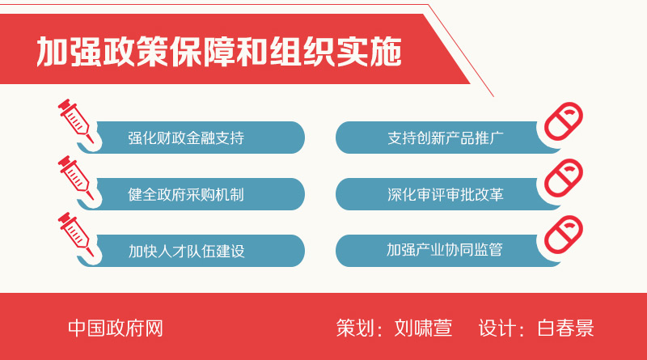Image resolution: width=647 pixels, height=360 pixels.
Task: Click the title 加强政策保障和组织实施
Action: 219,51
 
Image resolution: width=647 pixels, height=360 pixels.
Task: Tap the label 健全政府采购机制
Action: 186,194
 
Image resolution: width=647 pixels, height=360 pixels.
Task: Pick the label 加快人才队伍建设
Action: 187,251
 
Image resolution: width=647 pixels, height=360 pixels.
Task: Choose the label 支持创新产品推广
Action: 446,138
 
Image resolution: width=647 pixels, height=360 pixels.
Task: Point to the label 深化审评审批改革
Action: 446,194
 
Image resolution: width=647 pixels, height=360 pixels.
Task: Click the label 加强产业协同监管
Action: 445,250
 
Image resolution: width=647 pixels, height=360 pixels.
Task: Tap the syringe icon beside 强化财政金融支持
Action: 76,121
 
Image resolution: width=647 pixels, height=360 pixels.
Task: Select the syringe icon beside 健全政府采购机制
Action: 76,178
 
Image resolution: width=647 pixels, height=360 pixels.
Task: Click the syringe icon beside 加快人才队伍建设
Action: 76,235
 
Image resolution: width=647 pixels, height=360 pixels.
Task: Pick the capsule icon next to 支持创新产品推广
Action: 564,121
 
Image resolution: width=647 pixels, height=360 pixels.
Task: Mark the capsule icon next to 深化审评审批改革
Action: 564,178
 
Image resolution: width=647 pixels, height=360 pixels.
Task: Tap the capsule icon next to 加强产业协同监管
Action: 564,235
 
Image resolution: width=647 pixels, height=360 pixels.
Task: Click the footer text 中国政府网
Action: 116,328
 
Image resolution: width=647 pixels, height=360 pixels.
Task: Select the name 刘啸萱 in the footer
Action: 423,328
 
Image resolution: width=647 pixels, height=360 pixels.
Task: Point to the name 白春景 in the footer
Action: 565,328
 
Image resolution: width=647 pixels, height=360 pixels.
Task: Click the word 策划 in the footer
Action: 355,328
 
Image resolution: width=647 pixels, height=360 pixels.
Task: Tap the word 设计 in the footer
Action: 497,328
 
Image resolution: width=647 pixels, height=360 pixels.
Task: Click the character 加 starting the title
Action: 52,52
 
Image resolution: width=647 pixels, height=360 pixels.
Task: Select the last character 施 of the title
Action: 386,52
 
